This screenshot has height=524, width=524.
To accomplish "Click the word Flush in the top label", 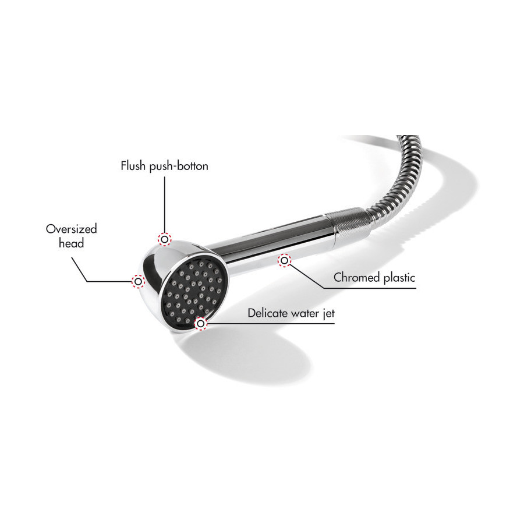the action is [133, 166].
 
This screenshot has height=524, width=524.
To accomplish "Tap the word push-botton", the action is [179, 167].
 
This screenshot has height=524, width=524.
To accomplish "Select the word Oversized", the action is [72, 229].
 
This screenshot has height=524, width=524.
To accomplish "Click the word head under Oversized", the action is [71, 243].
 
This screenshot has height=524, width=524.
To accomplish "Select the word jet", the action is [329, 313].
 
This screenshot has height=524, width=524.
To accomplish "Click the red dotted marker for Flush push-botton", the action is [164, 239].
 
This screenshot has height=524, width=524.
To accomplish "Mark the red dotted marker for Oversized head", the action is [138, 281].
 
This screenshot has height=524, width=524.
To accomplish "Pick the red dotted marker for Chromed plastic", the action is [284, 260].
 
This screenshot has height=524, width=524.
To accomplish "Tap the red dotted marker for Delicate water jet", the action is [200, 324].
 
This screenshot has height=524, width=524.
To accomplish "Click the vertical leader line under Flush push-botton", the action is [164, 205].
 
